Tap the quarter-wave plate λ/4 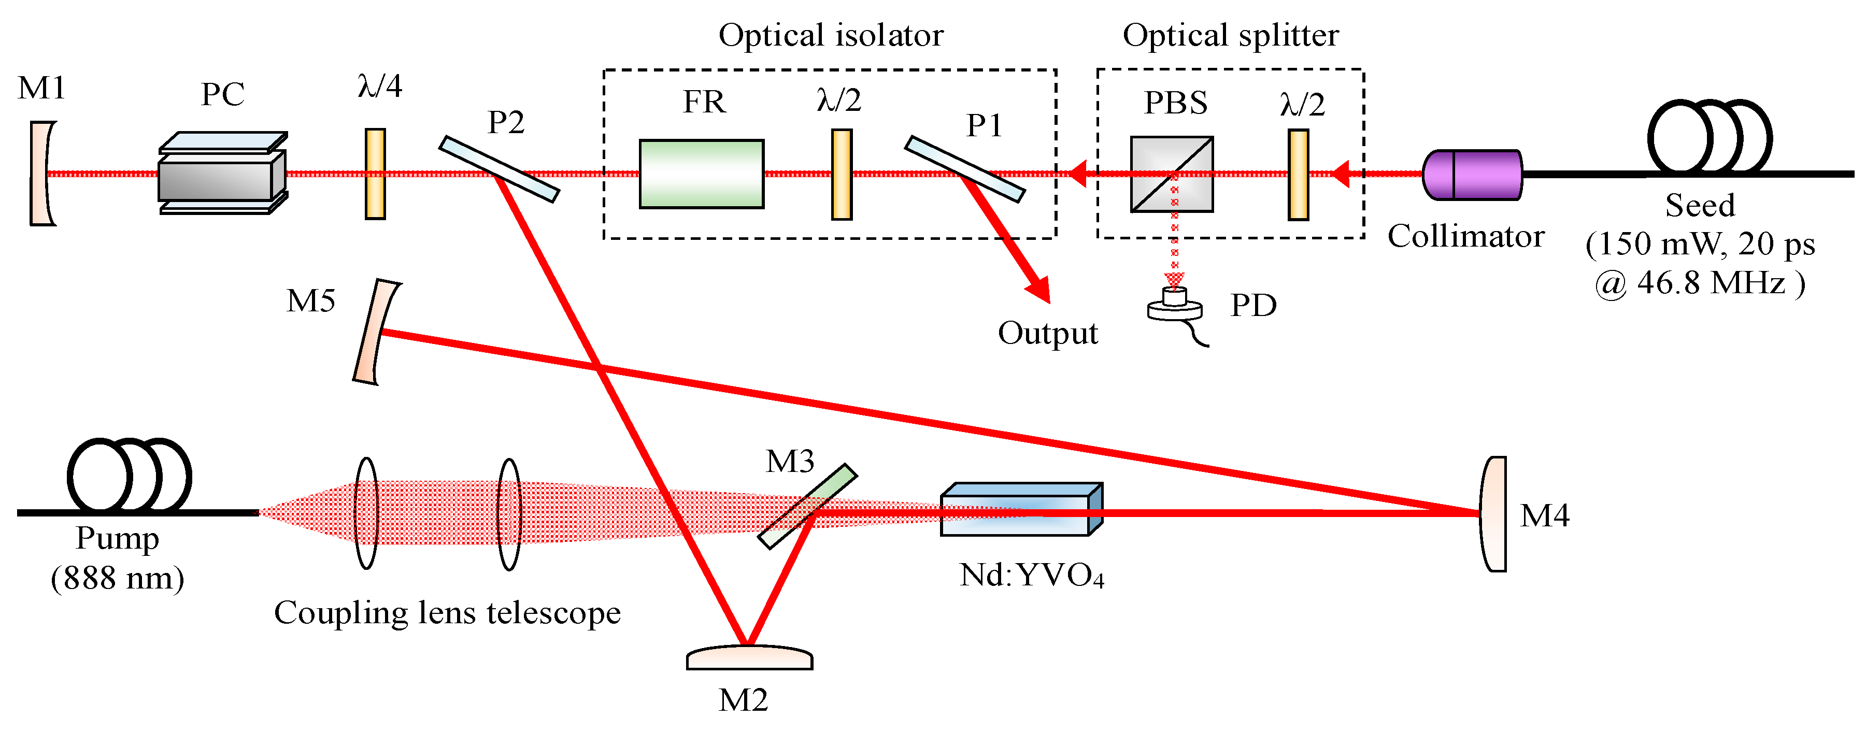pos(375,174)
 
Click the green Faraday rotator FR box pos(701,174)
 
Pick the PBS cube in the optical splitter pos(1171,174)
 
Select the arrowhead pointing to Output pos(1039,290)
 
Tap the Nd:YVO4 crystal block pos(1020,510)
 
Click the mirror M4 pos(1493,514)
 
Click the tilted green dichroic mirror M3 pos(808,506)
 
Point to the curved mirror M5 pos(375,332)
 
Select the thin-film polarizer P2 pos(499,169)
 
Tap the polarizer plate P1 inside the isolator pos(964,169)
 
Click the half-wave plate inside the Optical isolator pos(841,174)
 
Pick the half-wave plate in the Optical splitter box pos(1298,174)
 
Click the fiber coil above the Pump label pos(129,475)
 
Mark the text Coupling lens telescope pos(447,612)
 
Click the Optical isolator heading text pos(830,35)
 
